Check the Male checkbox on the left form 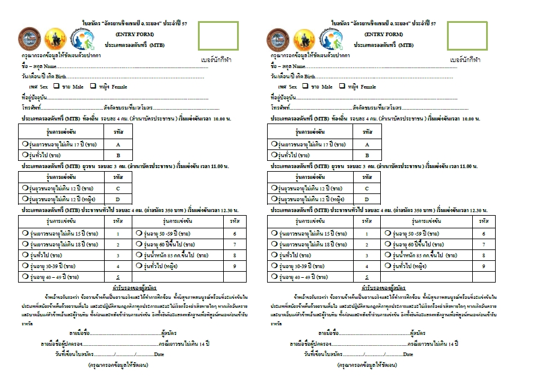[56, 86]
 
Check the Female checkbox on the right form [342, 86]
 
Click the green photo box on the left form [217, 37]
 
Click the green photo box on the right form [466, 37]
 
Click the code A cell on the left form [118, 145]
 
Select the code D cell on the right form [367, 199]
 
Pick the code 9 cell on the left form [234, 266]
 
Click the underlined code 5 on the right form [367, 277]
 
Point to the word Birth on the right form [309, 77]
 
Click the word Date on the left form [159, 354]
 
